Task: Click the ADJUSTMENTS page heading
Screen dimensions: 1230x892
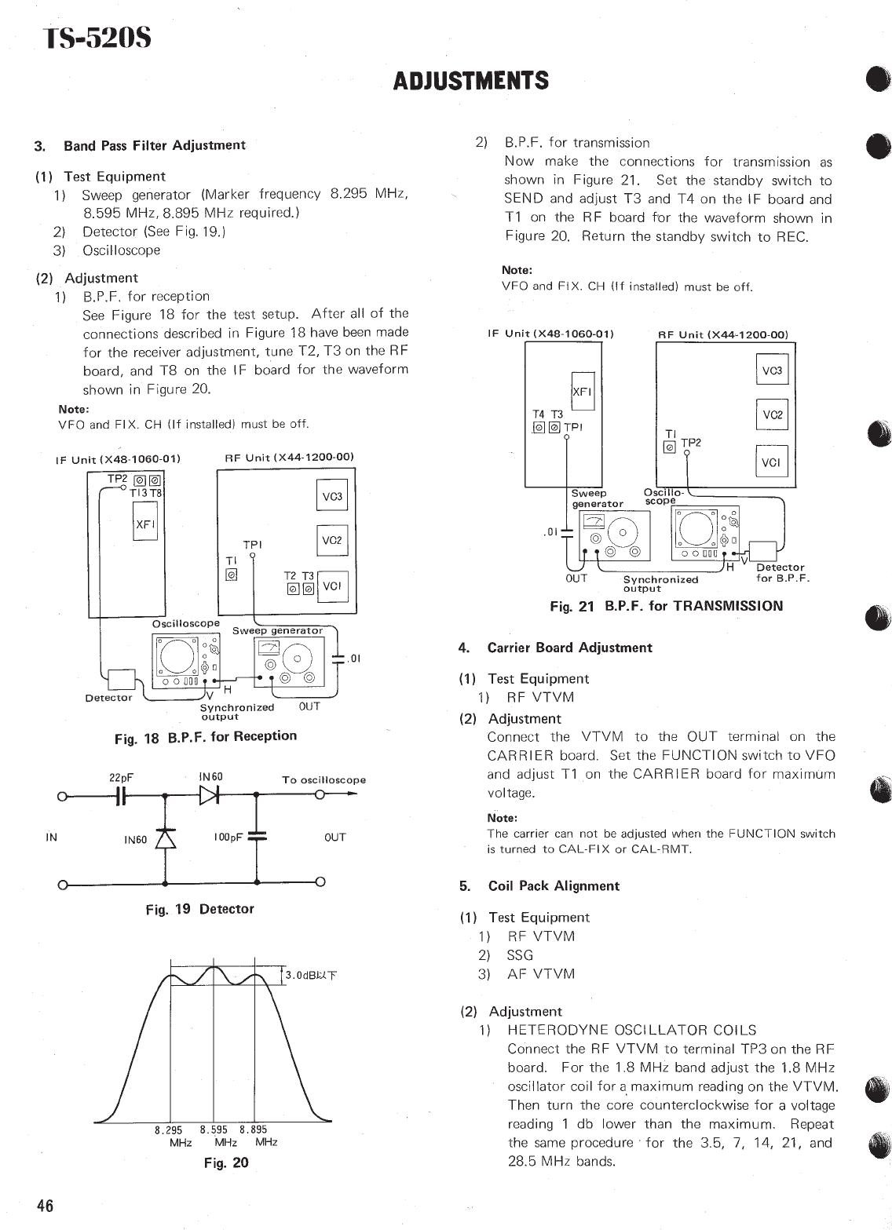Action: [470, 81]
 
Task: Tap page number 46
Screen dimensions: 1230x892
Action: [44, 1206]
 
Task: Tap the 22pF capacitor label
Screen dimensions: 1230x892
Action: [121, 777]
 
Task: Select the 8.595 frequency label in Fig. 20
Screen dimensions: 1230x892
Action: [214, 1130]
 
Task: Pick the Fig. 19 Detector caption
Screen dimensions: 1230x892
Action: [199, 909]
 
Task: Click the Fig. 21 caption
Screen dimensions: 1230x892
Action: [666, 605]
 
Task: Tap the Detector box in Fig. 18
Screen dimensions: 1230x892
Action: [121, 680]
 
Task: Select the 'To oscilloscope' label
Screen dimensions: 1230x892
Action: [324, 779]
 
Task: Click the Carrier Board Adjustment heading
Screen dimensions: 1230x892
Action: [569, 648]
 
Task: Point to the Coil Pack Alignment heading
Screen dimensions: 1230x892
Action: [554, 885]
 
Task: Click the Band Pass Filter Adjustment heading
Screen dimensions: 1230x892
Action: [154, 145]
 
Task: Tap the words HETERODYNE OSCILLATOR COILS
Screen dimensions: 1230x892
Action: [631, 1030]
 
